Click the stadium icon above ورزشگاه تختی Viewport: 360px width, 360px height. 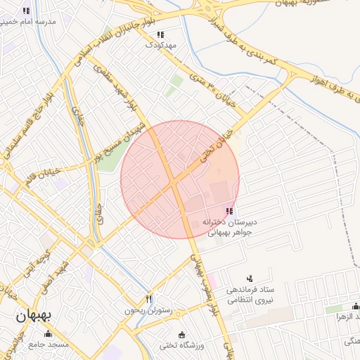point(183,334)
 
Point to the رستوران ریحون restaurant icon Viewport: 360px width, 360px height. point(148,299)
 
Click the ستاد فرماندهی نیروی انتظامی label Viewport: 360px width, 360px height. point(250,295)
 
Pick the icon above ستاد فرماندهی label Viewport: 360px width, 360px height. point(250,278)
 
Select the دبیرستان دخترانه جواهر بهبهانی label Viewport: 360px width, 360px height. point(231,226)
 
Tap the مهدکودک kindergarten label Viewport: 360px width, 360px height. point(160,44)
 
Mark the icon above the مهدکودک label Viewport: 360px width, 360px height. point(160,34)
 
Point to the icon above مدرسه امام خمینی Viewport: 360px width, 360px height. point(27,11)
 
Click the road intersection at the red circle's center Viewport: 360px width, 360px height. point(174,183)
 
